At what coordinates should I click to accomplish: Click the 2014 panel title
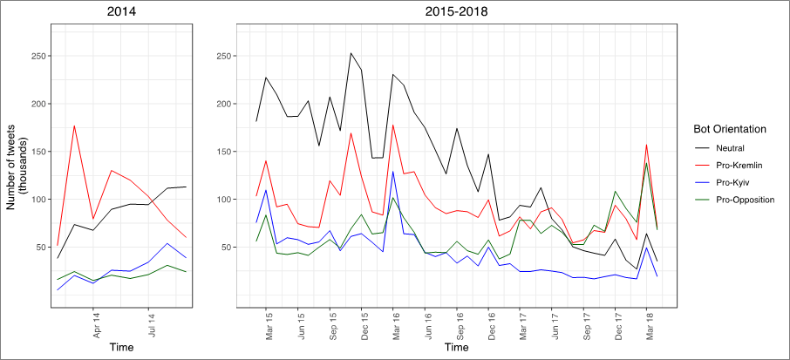click(x=121, y=12)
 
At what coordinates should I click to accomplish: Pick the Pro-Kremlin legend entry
click(x=740, y=166)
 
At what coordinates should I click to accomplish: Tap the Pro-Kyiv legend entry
click(x=735, y=183)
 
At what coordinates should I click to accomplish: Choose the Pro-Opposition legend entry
click(x=746, y=200)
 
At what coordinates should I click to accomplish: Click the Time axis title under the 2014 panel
click(x=121, y=348)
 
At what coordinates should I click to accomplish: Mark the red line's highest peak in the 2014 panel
click(x=74, y=126)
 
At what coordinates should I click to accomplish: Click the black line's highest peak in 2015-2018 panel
click(x=351, y=52)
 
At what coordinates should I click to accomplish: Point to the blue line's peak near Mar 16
click(x=393, y=171)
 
